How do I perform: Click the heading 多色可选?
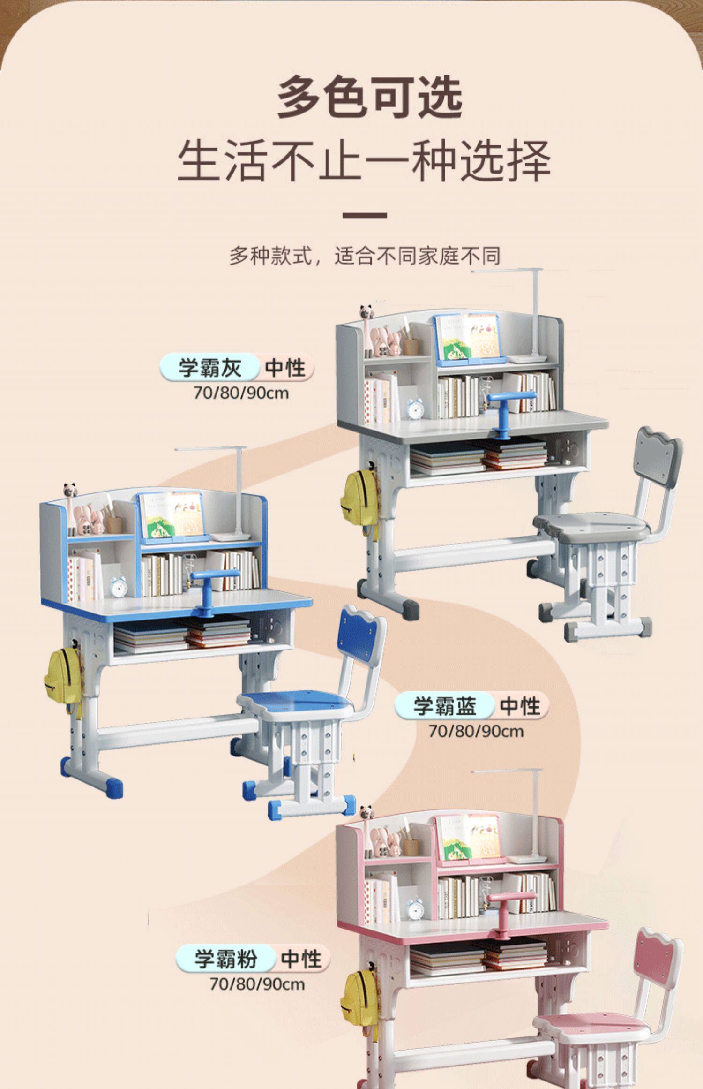coord(370,98)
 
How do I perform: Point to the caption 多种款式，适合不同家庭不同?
coord(365,256)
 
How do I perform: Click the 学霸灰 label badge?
coord(209,367)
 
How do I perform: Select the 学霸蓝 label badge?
coord(444,706)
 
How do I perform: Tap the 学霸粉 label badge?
coord(225,958)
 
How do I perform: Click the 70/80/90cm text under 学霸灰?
coord(241,393)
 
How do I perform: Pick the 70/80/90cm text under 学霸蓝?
coord(476,731)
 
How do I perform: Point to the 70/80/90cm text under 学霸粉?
coord(257,983)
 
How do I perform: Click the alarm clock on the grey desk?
coord(415,408)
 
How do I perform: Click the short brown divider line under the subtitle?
coord(365,216)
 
